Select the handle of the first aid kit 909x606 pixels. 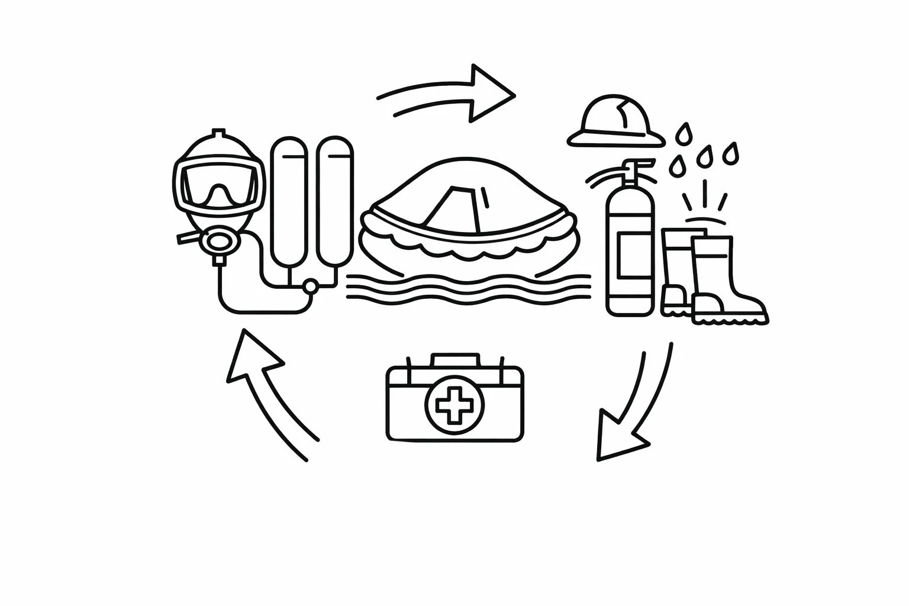click(x=454, y=360)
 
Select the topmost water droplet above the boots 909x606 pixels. click(x=684, y=133)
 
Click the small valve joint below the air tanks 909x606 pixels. click(x=310, y=287)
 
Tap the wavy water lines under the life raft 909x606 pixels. click(x=468, y=290)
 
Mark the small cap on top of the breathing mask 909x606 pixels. click(x=219, y=132)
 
